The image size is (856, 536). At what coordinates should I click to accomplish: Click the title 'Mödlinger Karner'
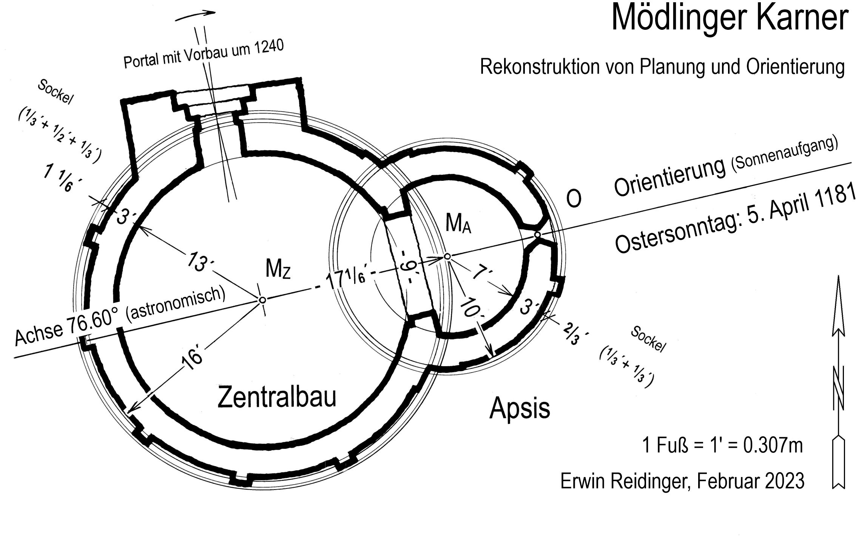tap(729, 18)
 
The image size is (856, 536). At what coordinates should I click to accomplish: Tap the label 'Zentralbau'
tap(277, 397)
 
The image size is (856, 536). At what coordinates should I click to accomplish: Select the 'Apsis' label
tap(520, 409)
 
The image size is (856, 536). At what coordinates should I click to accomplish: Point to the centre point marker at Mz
tap(262, 300)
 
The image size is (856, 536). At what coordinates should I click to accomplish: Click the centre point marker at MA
tap(447, 256)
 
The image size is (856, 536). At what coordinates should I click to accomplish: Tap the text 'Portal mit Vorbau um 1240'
tap(204, 55)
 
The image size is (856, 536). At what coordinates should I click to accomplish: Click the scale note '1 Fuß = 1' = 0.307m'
tap(722, 446)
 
